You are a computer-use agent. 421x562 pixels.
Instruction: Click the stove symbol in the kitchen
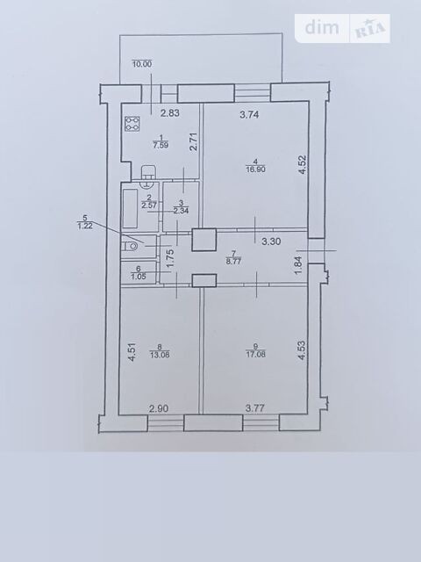132,124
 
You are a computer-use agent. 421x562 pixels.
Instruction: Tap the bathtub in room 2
130,208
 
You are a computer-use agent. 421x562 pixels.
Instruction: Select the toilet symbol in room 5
130,247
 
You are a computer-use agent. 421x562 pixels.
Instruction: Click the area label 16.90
255,169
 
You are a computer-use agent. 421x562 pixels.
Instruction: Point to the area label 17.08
255,355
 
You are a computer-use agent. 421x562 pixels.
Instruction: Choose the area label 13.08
160,355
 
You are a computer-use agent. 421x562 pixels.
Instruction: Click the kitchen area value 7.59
161,145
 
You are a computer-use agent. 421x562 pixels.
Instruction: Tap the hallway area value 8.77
234,262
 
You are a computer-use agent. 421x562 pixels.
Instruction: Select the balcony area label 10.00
142,64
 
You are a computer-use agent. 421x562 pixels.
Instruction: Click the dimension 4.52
303,164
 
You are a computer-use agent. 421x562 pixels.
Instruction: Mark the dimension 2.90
159,408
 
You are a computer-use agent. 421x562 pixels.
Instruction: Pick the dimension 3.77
255,408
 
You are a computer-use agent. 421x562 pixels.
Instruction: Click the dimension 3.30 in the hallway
271,241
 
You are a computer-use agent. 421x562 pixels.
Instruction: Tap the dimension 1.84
300,265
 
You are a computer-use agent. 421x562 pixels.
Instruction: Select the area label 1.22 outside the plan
85,226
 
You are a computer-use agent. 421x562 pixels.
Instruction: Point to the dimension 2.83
169,113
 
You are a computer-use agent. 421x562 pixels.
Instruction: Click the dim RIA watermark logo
343,28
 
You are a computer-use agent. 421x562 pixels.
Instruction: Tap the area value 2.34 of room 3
182,211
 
